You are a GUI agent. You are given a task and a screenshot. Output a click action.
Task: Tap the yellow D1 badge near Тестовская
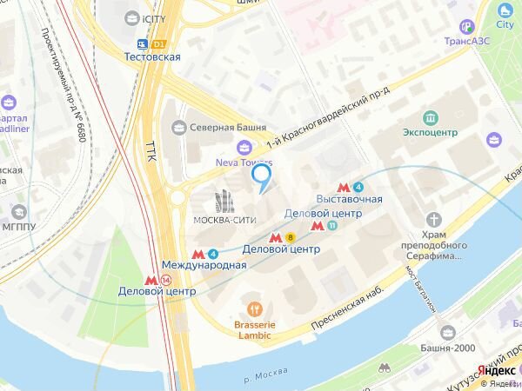tap(158, 43)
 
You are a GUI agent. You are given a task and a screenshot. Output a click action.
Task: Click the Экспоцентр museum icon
tap(430, 117)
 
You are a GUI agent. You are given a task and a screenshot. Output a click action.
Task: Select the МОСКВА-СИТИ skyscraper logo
tap(224, 202)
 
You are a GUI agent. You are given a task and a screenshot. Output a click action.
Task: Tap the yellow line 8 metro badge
tap(291, 236)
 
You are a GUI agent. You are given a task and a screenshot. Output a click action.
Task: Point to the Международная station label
tap(204, 265)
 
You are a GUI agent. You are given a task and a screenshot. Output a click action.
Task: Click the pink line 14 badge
tap(166, 280)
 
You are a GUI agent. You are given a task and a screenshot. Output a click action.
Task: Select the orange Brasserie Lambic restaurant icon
tap(254, 308)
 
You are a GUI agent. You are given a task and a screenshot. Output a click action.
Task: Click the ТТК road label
tap(150, 149)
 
